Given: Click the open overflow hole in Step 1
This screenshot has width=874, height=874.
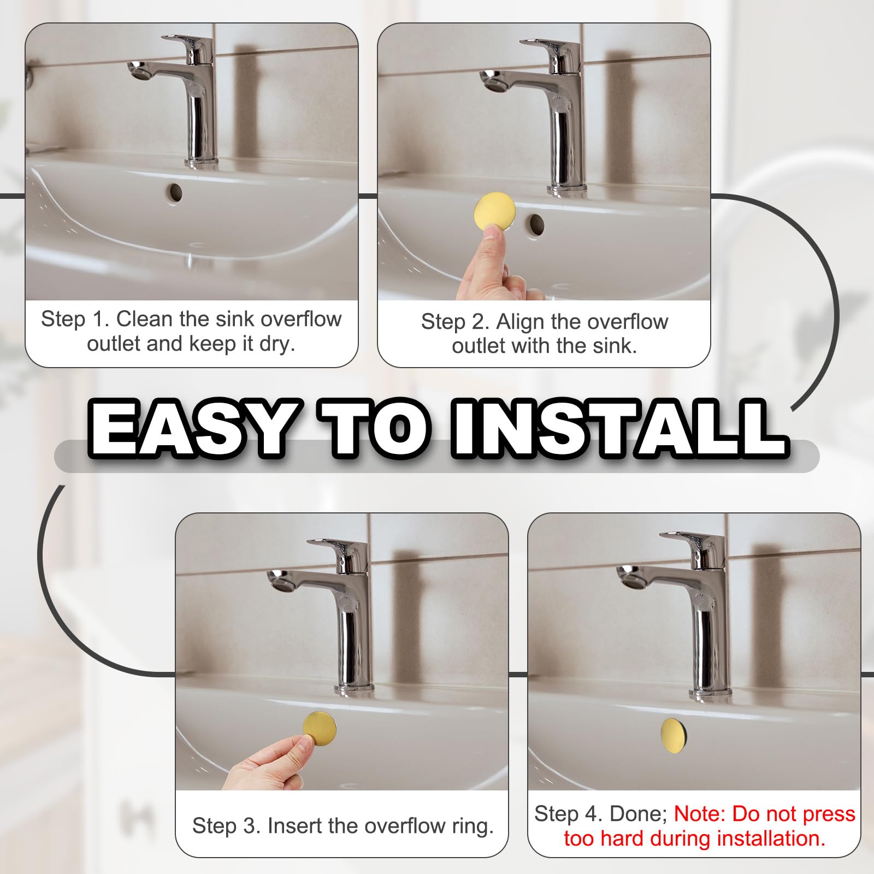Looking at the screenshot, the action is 175,192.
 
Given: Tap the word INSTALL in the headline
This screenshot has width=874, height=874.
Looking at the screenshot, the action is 617,428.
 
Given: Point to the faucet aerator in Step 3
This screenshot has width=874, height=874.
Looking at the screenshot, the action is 276,581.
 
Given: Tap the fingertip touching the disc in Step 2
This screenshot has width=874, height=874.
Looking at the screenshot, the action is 493,238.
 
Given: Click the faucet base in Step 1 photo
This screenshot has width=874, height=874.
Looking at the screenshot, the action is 201,162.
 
